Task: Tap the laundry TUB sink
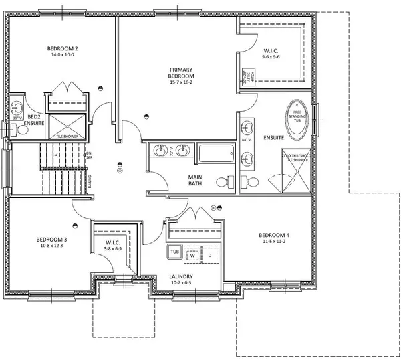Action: click(174, 253)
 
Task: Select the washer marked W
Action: click(192, 255)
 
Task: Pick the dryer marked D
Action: click(209, 255)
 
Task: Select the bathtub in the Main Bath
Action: click(214, 153)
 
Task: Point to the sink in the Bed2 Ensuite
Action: click(18, 108)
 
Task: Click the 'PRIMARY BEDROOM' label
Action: click(182, 74)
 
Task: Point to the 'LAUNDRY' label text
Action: click(181, 276)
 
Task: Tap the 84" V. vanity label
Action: click(247, 140)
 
